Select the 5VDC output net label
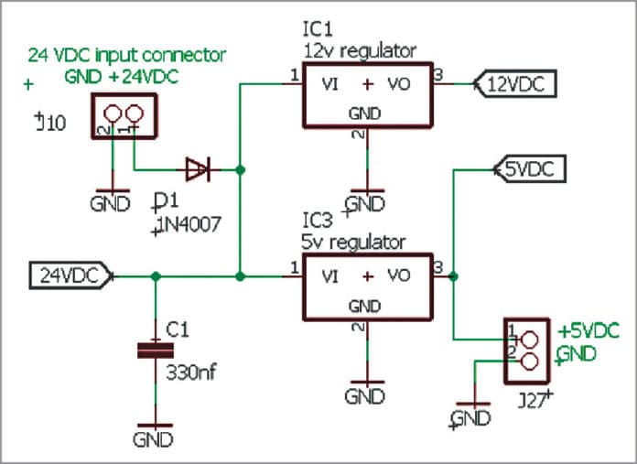pyautogui.click(x=530, y=168)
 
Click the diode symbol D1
pyautogui.click(x=198, y=169)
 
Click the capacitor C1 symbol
pyautogui.click(x=156, y=351)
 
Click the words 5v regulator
pyautogui.click(x=352, y=243)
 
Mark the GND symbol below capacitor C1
pyautogui.click(x=156, y=433)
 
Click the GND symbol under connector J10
pyautogui.click(x=111, y=199)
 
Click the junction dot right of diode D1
pyautogui.click(x=240, y=169)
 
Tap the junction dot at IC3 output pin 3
pyautogui.click(x=454, y=275)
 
